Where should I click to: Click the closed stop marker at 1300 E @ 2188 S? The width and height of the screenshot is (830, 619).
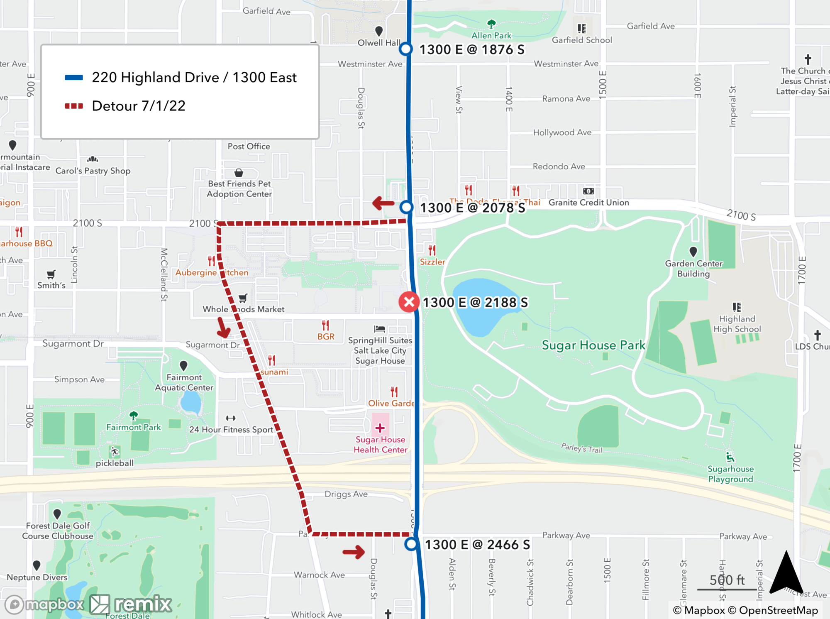(x=409, y=302)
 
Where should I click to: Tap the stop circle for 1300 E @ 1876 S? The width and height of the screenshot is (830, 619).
(x=405, y=49)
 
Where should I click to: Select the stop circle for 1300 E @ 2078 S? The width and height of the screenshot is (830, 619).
(x=406, y=207)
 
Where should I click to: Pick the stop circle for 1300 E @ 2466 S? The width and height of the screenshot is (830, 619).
(x=411, y=544)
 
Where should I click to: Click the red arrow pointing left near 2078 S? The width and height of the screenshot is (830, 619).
(x=383, y=203)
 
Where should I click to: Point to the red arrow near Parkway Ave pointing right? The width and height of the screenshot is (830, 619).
(x=354, y=552)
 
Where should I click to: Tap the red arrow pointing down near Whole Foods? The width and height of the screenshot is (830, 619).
(x=223, y=328)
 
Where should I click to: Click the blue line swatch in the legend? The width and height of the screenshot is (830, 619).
(x=74, y=78)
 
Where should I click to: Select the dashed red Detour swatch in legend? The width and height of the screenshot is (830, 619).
(x=74, y=106)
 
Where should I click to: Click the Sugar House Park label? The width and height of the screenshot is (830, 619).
(x=593, y=345)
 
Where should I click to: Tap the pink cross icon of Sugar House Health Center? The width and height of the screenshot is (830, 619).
(x=380, y=428)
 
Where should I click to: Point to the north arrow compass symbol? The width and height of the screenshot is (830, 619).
(x=786, y=573)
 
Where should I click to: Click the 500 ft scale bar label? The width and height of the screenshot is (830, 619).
(x=727, y=580)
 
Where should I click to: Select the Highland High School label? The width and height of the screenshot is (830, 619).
(x=737, y=324)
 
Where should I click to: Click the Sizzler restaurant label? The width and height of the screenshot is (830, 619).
(x=432, y=262)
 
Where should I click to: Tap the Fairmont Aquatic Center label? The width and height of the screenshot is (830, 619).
(x=184, y=382)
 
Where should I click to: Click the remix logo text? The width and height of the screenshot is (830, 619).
(x=143, y=604)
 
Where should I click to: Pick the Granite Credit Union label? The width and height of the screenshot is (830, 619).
(x=588, y=203)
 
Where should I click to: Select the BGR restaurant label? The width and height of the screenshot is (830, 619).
(x=326, y=337)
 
